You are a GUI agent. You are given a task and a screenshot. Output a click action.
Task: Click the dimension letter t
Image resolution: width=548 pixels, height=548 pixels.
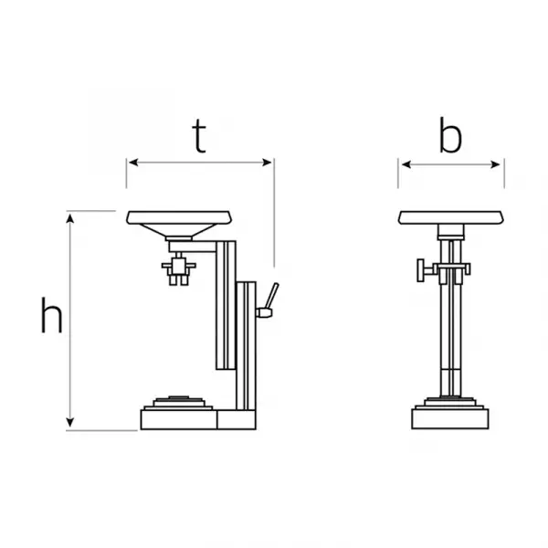tap(199, 136)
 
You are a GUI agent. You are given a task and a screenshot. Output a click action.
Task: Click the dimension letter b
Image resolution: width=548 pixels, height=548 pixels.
tap(450, 135)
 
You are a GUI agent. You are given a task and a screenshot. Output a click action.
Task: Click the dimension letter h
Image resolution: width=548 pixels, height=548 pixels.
tap(52, 315)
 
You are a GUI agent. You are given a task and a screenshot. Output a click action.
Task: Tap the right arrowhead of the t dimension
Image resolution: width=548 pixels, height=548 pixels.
tap(267, 163)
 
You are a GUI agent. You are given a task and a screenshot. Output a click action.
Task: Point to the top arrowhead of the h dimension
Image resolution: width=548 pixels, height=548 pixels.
tap(70, 219)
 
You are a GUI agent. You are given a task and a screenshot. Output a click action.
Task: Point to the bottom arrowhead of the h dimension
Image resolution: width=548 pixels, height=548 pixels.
tap(70, 422)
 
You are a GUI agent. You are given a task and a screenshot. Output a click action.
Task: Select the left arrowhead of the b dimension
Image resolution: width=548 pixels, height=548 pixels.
tap(406, 164)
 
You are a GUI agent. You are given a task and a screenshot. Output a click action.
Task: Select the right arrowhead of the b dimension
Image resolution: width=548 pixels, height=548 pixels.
tap(496, 164)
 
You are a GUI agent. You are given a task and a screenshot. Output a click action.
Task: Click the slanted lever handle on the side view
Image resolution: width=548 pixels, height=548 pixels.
tap(271, 296)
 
